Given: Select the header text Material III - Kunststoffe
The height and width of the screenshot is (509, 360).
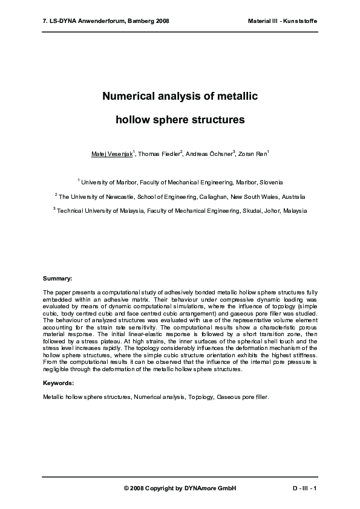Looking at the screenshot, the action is click(283, 21).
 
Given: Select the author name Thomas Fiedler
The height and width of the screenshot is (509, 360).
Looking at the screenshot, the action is click(159, 155).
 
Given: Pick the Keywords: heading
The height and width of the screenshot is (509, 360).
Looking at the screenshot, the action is click(59, 383).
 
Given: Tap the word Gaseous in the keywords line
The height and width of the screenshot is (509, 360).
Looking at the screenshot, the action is click(227, 397).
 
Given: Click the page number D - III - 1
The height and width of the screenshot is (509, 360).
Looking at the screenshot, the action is click(304, 488).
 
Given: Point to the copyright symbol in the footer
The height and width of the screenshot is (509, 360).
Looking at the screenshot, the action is click(126, 488).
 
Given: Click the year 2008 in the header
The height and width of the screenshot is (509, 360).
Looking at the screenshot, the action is click(162, 21).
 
